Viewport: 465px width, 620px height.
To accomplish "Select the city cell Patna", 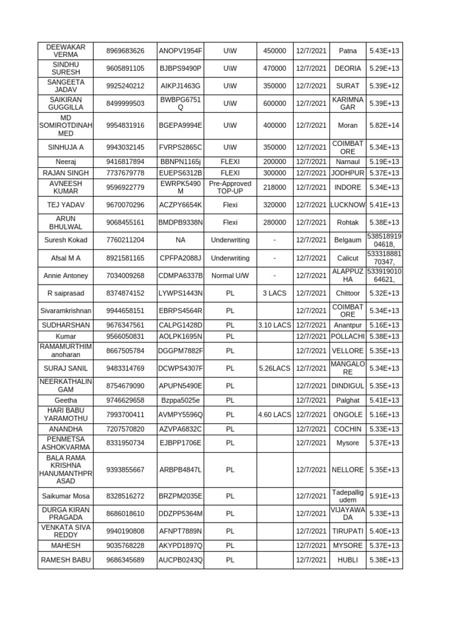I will tap(348, 51).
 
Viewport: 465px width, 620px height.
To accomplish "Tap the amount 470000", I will tap(275, 68).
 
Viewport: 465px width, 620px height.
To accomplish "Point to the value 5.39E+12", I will tap(384, 86).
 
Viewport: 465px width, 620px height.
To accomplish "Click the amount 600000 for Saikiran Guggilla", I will tap(275, 104).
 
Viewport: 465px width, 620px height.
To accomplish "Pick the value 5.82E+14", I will tap(384, 125).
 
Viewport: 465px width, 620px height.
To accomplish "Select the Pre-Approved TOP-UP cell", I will tap(229, 187).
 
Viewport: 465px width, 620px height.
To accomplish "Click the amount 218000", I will tap(275, 187).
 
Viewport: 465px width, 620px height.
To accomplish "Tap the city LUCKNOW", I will tap(348, 205).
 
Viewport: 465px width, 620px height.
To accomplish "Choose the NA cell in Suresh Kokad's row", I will tap(180, 240).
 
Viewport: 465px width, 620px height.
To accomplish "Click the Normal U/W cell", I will tap(229, 275).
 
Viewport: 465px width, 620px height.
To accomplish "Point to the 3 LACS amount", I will tap(275, 293).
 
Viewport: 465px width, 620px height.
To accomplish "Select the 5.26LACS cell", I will tap(275, 368).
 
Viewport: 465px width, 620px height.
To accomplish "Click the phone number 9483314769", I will tap(125, 368).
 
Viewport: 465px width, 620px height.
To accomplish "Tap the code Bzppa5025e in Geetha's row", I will tap(180, 400).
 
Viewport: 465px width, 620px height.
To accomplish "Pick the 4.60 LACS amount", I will tap(275, 415).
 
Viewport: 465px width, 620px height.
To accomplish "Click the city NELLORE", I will tap(348, 469).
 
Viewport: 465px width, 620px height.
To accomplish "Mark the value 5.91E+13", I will tap(384, 496).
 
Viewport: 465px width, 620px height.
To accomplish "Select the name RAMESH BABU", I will tap(65, 560).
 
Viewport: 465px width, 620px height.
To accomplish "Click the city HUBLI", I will tap(348, 560).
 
